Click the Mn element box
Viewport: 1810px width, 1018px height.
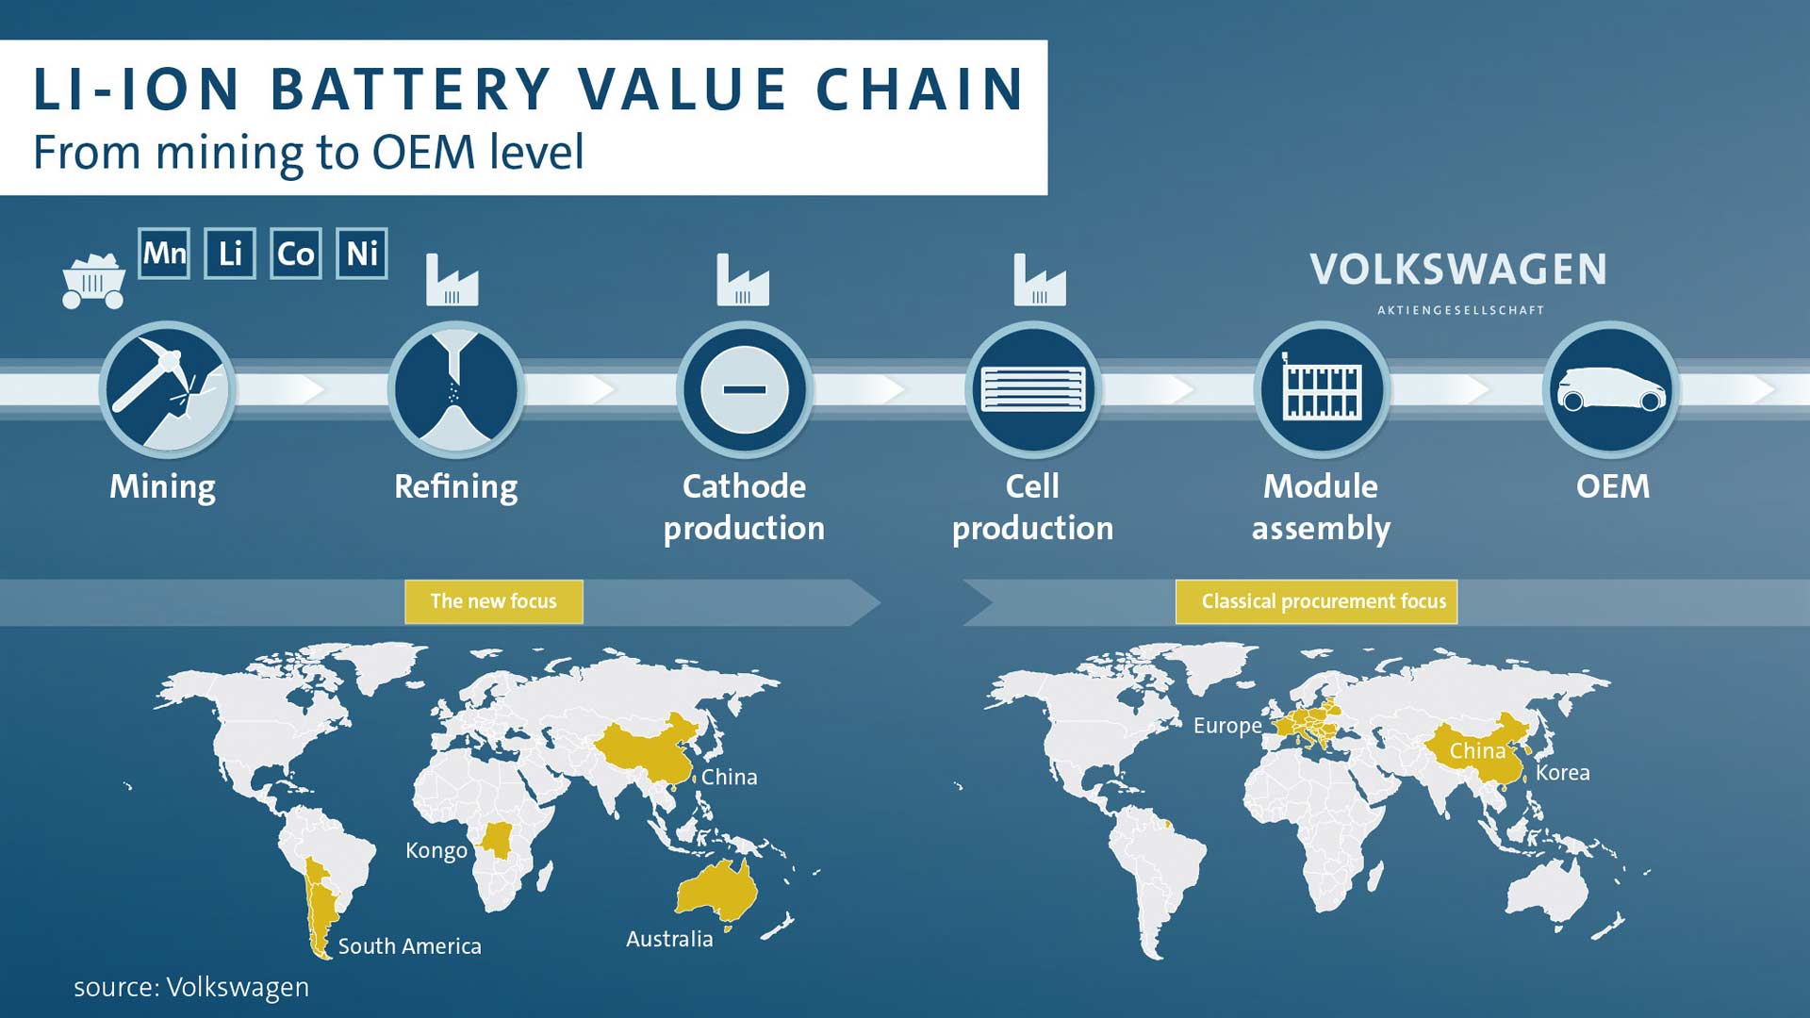click(164, 254)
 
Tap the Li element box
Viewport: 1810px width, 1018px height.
click(230, 254)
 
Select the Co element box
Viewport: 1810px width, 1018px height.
click(296, 254)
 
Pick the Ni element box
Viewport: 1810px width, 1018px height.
click(362, 254)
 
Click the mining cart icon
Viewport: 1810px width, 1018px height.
click(93, 282)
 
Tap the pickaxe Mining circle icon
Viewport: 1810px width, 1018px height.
click(168, 389)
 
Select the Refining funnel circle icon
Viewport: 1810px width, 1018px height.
click(456, 389)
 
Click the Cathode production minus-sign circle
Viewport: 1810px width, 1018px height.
click(745, 389)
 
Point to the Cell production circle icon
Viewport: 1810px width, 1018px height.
click(1034, 389)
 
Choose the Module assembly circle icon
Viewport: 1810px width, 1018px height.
click(1323, 389)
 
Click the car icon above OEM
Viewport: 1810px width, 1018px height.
click(1612, 389)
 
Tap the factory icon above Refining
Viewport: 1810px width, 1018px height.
click(452, 279)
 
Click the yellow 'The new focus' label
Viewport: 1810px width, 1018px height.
click(494, 601)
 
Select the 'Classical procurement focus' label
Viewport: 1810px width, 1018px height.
click(1317, 601)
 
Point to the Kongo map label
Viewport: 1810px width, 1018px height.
click(436, 850)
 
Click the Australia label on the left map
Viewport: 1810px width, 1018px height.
click(669, 939)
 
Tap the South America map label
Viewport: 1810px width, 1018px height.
click(410, 946)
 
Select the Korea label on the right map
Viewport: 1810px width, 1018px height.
click(1563, 773)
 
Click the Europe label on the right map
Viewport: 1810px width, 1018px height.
click(1227, 727)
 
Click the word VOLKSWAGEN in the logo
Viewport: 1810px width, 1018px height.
click(1458, 270)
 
